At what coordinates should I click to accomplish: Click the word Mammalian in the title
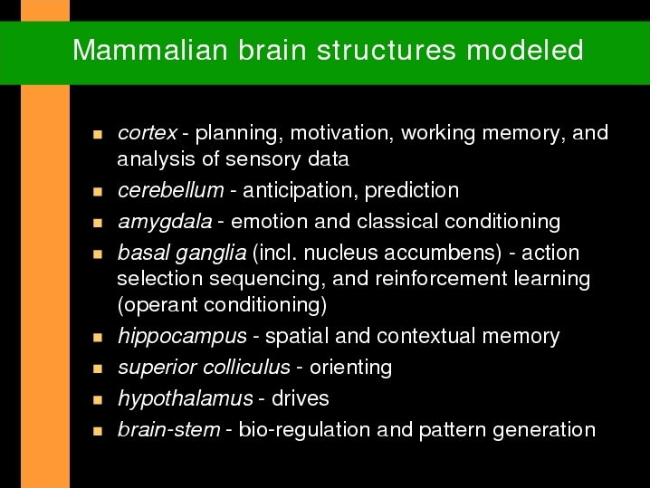point(150,50)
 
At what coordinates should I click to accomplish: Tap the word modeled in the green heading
point(525,50)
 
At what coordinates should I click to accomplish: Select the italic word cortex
point(148,133)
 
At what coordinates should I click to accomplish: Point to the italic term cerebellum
point(171,190)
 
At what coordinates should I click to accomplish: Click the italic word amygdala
point(165,222)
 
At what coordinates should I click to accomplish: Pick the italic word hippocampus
point(182,336)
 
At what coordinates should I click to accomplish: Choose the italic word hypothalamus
point(186,399)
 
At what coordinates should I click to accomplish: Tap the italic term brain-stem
point(169,429)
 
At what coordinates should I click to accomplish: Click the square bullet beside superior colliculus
point(98,368)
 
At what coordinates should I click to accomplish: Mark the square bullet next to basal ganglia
point(98,254)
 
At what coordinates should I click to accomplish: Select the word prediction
point(412,191)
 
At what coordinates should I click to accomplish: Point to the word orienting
point(350,368)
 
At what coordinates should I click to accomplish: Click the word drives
point(301,399)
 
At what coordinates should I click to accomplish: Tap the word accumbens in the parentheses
point(443,254)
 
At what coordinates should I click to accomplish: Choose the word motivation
point(342,133)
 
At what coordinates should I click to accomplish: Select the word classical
point(397,222)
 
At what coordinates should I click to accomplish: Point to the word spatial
point(297,337)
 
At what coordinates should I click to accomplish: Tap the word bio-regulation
point(304,430)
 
